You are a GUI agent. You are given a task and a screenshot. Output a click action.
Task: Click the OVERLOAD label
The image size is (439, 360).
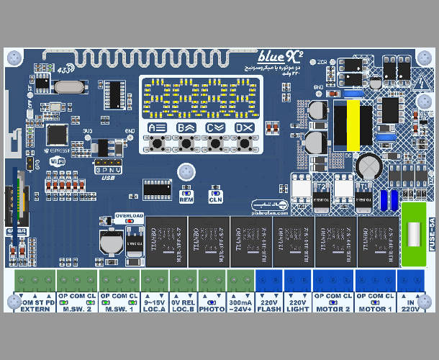130,216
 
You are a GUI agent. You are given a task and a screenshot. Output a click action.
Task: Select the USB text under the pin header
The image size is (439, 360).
109,176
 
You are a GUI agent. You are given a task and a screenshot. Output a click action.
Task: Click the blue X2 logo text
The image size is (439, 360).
275,55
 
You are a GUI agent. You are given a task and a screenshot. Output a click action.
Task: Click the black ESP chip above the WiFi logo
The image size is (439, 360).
56,135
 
